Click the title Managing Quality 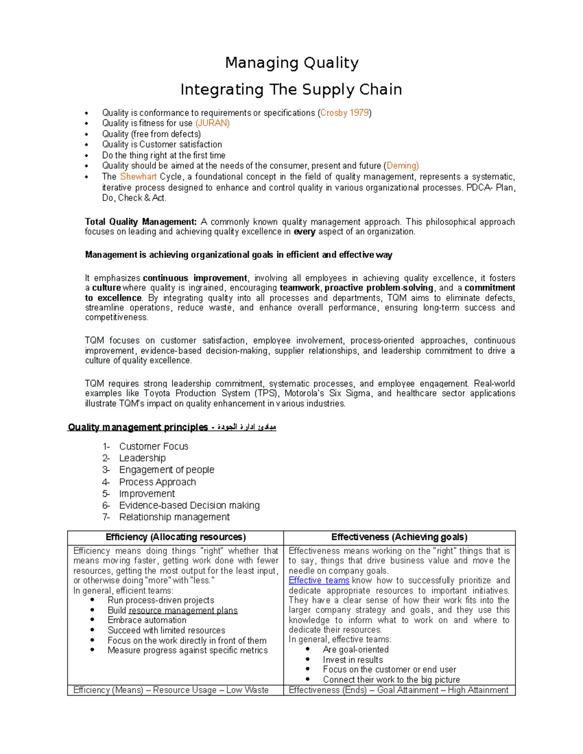[x=291, y=63]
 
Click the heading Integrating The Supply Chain [x=291, y=89]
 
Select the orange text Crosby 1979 [x=345, y=113]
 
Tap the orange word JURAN [x=212, y=123]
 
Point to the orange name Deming [x=401, y=166]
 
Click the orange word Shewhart [x=138, y=177]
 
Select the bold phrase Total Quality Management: [x=141, y=222]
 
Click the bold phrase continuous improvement [x=195, y=278]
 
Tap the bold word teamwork [x=300, y=288]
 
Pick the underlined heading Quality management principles [x=138, y=427]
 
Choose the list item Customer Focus [x=154, y=446]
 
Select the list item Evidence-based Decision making [x=189, y=505]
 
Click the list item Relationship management [x=174, y=517]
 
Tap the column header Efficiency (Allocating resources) [x=175, y=537]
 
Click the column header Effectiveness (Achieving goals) [x=399, y=537]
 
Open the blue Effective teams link [x=319, y=581]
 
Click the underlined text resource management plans [x=183, y=611]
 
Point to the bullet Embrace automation [x=147, y=620]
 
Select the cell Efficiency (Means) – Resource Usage [x=171, y=690]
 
